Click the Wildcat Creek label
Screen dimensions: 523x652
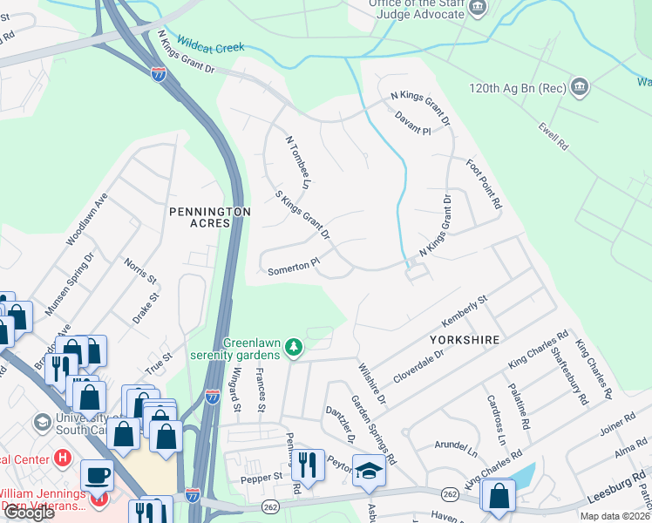click(210, 43)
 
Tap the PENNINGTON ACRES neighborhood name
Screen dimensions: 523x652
click(211, 217)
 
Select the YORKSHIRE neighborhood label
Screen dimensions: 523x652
click(463, 340)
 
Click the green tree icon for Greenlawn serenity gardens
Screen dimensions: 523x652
click(295, 348)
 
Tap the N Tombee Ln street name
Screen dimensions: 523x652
click(299, 162)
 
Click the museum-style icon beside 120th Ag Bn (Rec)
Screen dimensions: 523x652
click(579, 87)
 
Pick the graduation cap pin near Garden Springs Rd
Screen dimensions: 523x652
click(369, 471)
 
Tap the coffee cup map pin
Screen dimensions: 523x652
click(97, 475)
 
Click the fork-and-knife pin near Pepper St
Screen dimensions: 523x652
click(308, 465)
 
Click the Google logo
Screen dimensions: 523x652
click(29, 513)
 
